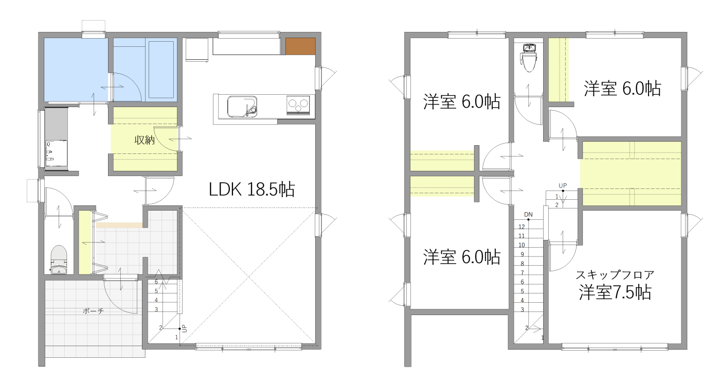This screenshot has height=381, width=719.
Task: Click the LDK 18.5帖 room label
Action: click(x=251, y=189)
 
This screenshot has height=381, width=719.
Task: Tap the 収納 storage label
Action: click(x=145, y=140)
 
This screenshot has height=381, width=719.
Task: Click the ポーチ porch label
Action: click(x=94, y=311)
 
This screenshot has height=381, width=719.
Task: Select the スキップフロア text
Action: click(x=615, y=275)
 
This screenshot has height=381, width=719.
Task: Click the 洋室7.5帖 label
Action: click(x=615, y=292)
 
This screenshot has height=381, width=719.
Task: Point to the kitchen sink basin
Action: click(x=242, y=107)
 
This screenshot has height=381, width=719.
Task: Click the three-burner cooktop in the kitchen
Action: click(x=298, y=105)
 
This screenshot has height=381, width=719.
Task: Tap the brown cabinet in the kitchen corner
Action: click(x=300, y=46)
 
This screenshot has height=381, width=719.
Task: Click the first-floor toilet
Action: click(x=59, y=259)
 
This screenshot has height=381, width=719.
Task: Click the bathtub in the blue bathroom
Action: click(x=161, y=70)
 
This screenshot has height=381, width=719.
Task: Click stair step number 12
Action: click(x=522, y=227)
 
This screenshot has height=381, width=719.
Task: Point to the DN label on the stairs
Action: click(x=528, y=214)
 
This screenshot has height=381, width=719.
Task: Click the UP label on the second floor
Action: click(x=563, y=185)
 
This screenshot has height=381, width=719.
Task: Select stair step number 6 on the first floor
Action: click(x=156, y=282)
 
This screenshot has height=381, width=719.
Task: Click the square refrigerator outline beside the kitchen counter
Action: click(x=197, y=49)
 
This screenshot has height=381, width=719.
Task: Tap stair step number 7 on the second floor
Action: click(x=522, y=273)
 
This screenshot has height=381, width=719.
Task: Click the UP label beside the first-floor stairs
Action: click(x=184, y=328)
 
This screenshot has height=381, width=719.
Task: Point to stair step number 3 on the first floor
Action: click(x=156, y=309)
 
